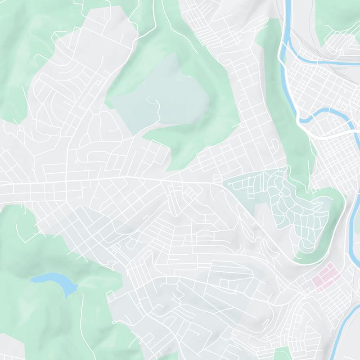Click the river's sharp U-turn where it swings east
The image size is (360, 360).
coord(302,119)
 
